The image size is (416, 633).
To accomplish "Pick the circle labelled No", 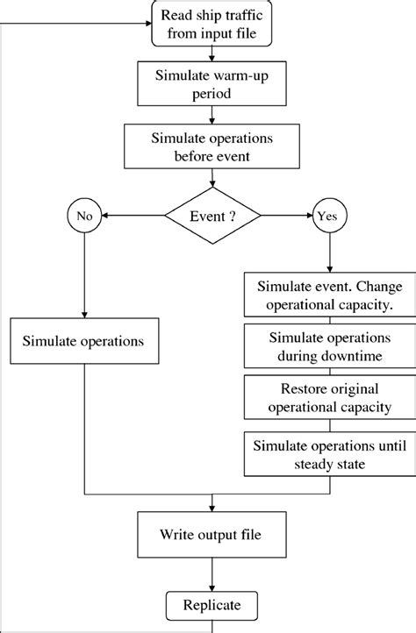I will pyautogui.click(x=83, y=216).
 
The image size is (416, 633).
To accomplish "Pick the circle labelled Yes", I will pyautogui.click(x=330, y=216).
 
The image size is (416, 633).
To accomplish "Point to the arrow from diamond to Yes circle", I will pyautogui.click(x=285, y=216).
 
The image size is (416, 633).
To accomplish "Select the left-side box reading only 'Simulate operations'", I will pyautogui.click(x=83, y=338).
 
